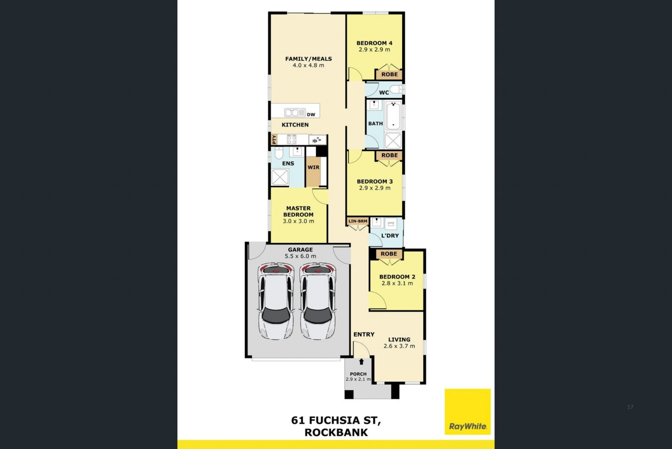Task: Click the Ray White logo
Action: (467, 411)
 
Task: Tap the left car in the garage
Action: (276, 301)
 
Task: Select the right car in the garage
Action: (318, 301)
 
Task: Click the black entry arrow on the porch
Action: (361, 362)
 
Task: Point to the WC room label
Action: (384, 92)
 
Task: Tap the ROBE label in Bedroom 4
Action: (389, 74)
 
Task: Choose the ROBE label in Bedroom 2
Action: (389, 254)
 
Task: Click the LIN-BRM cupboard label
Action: (358, 221)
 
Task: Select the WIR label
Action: (313, 167)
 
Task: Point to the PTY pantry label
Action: (274, 139)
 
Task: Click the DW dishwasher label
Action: (311, 114)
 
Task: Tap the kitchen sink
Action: (295, 112)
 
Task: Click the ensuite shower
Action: (280, 177)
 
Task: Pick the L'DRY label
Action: (390, 236)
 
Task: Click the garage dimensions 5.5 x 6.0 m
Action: (300, 256)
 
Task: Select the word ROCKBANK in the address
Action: (336, 432)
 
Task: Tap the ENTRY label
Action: (364, 334)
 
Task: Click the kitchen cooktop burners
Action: (292, 139)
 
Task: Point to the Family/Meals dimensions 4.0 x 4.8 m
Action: (308, 65)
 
